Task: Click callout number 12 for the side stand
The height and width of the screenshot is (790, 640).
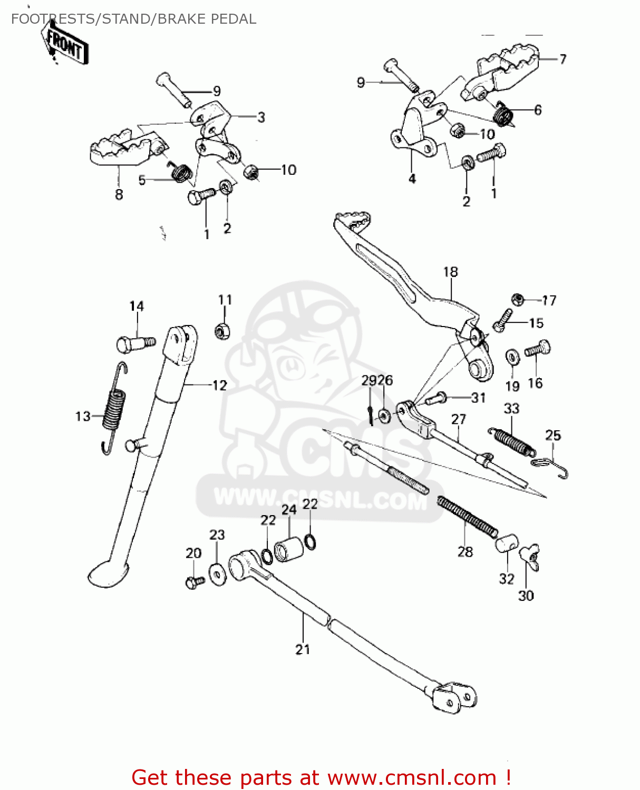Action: coord(219,385)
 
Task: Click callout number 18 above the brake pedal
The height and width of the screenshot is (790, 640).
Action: coord(451,272)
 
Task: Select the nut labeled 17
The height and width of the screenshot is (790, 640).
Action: coord(518,300)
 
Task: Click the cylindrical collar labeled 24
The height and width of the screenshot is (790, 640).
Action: coord(289,549)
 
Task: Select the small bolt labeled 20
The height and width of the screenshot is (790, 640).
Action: coord(194,581)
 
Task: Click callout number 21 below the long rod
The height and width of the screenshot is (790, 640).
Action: coord(303,649)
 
